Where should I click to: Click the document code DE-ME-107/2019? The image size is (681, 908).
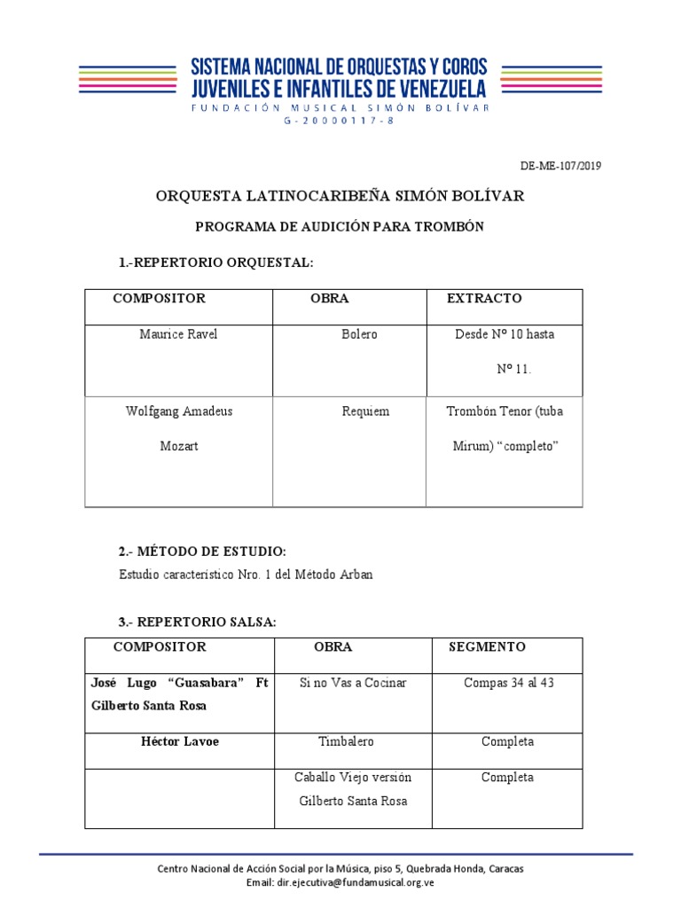pos(560,166)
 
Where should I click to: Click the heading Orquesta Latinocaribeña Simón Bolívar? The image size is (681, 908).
pos(340,195)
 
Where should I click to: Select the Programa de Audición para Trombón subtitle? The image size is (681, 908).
pos(340,227)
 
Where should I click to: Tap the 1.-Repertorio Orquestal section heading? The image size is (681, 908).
pos(216,263)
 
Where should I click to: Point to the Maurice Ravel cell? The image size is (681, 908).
pos(178,334)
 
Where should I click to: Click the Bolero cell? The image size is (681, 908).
pos(359,334)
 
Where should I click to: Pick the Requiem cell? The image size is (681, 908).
pos(365,411)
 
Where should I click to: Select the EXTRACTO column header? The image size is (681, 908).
pos(484,299)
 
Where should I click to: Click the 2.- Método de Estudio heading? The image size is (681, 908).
pos(203,552)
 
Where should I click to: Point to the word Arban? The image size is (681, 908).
pos(356,575)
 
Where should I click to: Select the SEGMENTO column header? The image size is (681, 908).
pos(487,647)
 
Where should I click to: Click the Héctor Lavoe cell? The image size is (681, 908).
pos(180,741)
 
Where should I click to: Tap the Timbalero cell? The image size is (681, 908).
pos(346,741)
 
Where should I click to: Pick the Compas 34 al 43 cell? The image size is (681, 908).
pos(509,684)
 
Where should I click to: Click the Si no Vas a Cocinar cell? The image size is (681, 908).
pos(353,684)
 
